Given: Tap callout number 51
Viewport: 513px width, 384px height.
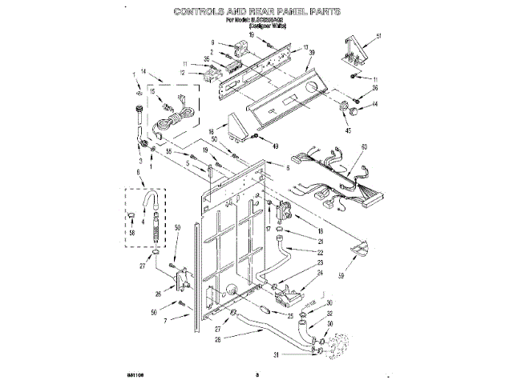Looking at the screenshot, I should point(378,37).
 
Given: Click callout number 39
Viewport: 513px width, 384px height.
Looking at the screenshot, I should point(312,53).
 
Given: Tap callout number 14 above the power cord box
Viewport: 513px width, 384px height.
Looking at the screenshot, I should point(144,72).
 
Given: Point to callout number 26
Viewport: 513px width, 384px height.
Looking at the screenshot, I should point(158,293).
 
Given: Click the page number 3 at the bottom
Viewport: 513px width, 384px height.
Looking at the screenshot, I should point(257,374).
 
